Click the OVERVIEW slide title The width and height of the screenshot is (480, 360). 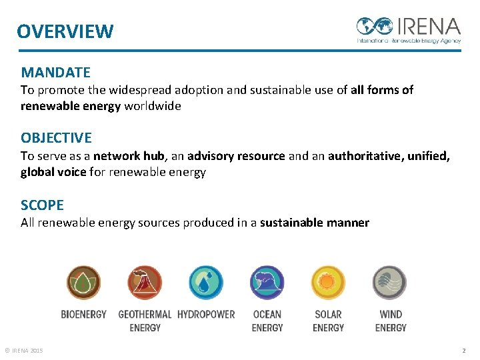(x=65, y=31)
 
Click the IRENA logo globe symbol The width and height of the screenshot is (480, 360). (x=375, y=27)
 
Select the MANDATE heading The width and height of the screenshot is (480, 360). (x=55, y=72)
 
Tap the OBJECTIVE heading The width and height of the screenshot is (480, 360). (x=56, y=138)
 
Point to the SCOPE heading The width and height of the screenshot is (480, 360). (x=42, y=205)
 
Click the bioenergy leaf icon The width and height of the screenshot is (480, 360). (x=83, y=283)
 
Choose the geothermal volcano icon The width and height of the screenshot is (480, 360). (x=145, y=283)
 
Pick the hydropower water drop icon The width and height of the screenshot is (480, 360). (x=206, y=283)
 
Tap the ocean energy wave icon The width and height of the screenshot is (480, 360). (x=267, y=283)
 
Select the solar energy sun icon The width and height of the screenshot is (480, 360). (x=328, y=283)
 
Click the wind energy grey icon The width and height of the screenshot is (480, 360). (x=389, y=283)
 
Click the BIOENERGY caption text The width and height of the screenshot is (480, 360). (x=83, y=314)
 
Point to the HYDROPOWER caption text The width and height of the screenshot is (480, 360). (x=206, y=314)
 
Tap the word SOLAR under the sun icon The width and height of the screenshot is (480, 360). (x=328, y=314)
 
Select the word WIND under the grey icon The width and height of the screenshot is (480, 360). (x=391, y=314)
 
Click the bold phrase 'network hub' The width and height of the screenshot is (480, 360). (x=129, y=156)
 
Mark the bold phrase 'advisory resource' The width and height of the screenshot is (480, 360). (x=237, y=156)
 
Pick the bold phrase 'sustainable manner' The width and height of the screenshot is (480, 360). (x=314, y=223)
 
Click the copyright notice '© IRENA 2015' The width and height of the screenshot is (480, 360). (x=23, y=351)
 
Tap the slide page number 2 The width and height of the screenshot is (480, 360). (x=464, y=351)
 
